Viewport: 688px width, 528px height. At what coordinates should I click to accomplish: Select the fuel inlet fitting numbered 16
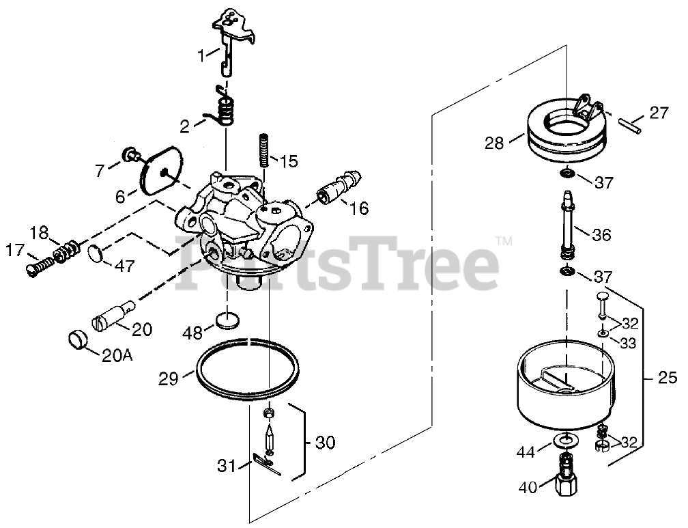(x=334, y=192)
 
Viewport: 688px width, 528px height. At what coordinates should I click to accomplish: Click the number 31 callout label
(x=226, y=467)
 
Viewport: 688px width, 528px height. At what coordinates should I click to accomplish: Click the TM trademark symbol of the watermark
(x=504, y=240)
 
